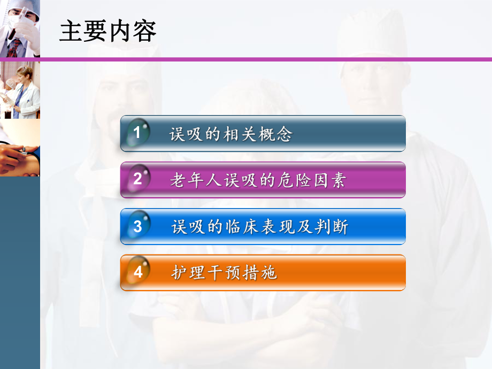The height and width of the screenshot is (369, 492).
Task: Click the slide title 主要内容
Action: click(107, 32)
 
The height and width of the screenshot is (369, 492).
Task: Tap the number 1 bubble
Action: click(137, 133)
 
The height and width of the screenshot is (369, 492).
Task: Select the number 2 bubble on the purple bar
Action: click(137, 179)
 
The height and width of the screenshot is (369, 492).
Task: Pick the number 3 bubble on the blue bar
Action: click(137, 226)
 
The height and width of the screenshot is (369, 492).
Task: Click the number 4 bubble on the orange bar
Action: click(137, 272)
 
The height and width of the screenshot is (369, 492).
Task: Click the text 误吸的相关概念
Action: click(231, 134)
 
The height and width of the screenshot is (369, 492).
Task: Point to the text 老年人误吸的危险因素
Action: click(258, 180)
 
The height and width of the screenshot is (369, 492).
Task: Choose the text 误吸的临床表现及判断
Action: click(259, 227)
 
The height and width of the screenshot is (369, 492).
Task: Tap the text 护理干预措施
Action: click(224, 273)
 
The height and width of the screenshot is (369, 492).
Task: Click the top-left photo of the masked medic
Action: click(19, 28)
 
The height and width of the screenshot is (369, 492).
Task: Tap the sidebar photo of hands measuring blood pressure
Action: click(19, 148)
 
